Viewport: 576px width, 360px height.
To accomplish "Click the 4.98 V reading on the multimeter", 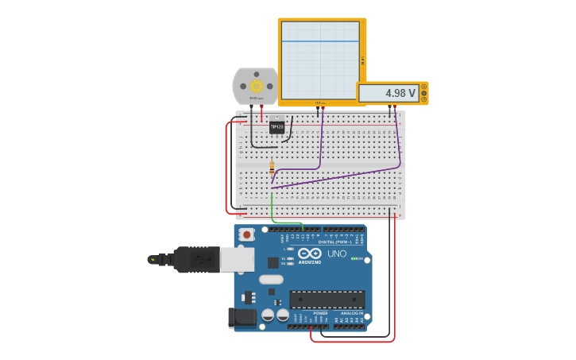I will point(400,93).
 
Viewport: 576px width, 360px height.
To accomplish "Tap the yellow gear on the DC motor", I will point(256,86).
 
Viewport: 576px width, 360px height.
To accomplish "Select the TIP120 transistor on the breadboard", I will point(276,126).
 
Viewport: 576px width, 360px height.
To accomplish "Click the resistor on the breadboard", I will point(272,168).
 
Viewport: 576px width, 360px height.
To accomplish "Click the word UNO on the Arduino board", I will point(337,254).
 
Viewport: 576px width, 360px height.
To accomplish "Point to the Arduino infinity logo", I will point(310,253).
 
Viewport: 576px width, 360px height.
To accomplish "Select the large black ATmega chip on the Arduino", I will point(327,300).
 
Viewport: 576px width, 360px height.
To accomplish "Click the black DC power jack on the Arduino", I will point(242,317).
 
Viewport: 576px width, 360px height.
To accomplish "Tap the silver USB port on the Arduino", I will point(238,259).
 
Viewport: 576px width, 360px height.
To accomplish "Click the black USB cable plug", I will point(195,259).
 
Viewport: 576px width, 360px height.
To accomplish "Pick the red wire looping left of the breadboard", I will point(226,167).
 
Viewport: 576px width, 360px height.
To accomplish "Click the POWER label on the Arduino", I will point(320,313).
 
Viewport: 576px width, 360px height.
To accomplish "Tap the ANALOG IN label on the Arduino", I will point(352,313).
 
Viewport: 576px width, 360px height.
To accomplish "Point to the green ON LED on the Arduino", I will point(354,258).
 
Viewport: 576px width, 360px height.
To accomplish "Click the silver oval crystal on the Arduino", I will point(271,279).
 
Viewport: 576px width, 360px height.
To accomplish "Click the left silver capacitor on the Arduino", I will point(268,315).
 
